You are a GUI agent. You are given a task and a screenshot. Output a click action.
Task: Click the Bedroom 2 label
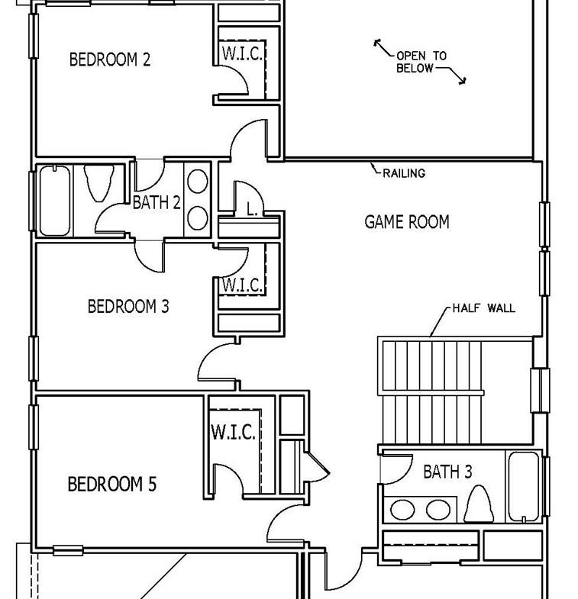(110, 60)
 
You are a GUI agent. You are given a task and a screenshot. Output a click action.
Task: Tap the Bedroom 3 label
(128, 307)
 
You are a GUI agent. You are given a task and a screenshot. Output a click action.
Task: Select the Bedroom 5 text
(112, 484)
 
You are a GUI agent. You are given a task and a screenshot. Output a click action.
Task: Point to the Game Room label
(407, 222)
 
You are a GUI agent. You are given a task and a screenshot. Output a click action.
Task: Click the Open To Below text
(421, 62)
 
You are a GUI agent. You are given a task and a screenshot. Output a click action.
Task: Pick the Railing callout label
(404, 173)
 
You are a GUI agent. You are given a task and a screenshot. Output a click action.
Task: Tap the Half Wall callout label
(484, 308)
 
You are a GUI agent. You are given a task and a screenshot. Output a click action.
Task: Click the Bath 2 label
(157, 202)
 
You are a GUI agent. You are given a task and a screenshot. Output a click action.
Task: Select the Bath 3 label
(447, 472)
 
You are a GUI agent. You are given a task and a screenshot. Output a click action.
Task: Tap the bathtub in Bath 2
(55, 200)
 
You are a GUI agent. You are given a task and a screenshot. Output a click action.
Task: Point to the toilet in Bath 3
(479, 504)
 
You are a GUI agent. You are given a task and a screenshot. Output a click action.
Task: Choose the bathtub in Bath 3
(524, 487)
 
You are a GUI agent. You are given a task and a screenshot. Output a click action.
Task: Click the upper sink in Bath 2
(198, 182)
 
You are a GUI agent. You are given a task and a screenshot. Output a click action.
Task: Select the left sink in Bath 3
(402, 510)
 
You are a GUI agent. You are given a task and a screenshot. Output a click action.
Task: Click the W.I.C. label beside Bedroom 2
(242, 53)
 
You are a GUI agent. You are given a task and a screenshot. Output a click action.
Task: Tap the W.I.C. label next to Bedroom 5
(233, 432)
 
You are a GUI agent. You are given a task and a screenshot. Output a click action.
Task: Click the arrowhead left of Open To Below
(378, 43)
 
